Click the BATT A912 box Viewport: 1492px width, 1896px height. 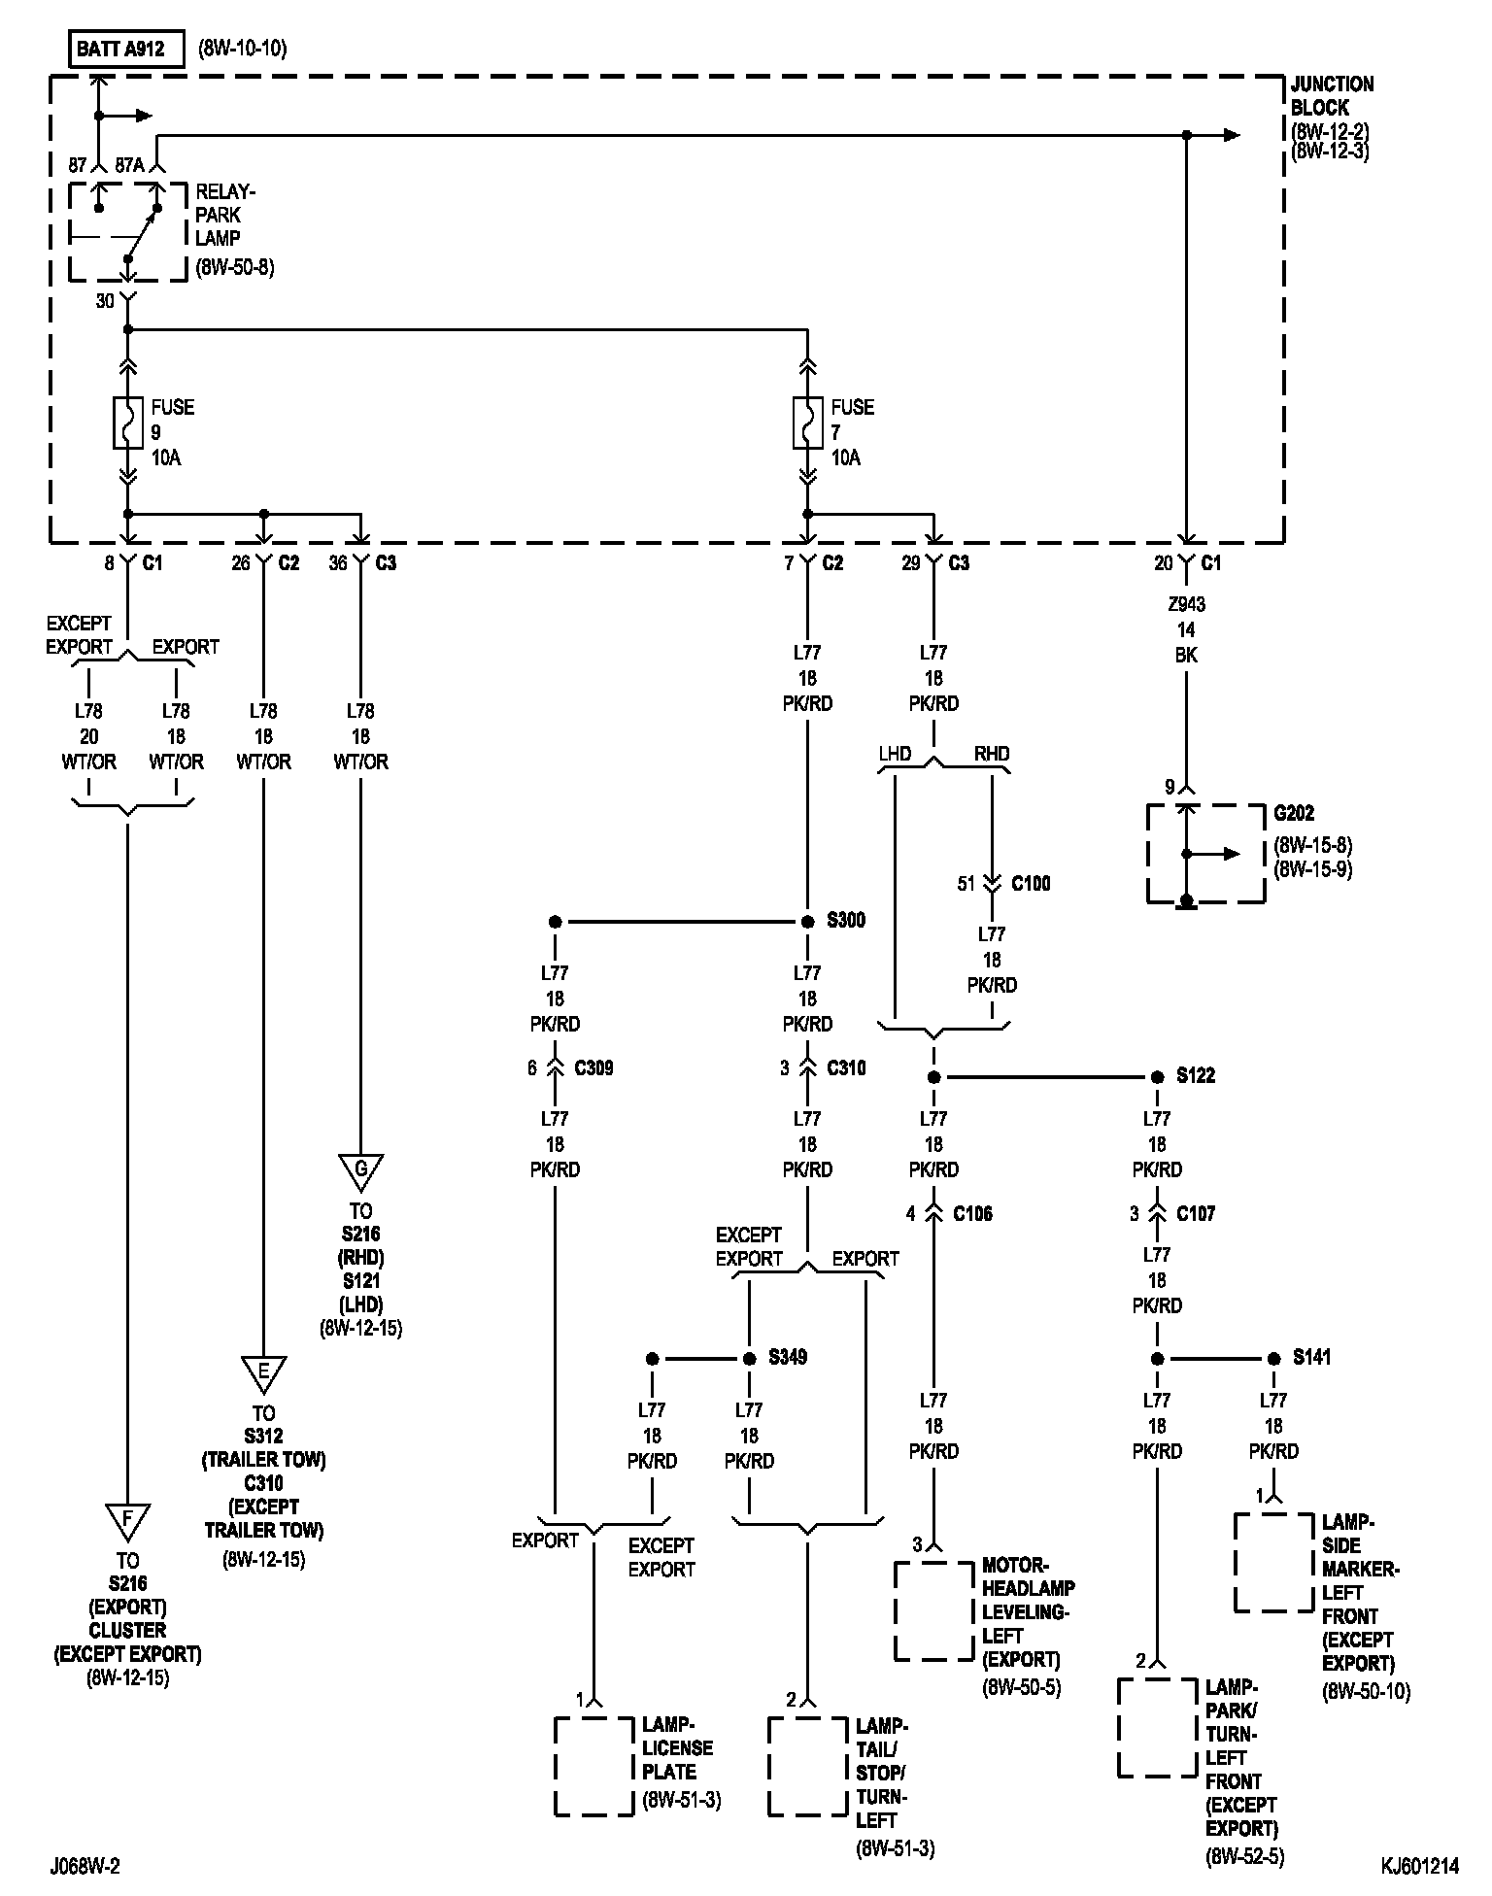[126, 49]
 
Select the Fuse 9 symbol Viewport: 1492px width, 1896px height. [127, 423]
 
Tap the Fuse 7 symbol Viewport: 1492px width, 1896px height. [807, 423]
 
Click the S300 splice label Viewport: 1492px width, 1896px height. [846, 921]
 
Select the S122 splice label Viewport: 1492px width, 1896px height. [1196, 1076]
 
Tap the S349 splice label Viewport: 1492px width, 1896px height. [788, 1357]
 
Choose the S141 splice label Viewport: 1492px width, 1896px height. [1312, 1357]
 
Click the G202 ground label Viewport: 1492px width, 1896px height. [1294, 813]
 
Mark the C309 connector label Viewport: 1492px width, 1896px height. [593, 1068]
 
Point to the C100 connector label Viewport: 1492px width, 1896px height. [1031, 884]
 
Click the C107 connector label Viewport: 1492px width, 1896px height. [1196, 1213]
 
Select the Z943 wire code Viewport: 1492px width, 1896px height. [1186, 604]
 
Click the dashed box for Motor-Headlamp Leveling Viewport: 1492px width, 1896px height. [933, 1610]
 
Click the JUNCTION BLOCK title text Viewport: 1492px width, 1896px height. [1332, 95]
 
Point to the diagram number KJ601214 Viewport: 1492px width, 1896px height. [1419, 1866]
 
